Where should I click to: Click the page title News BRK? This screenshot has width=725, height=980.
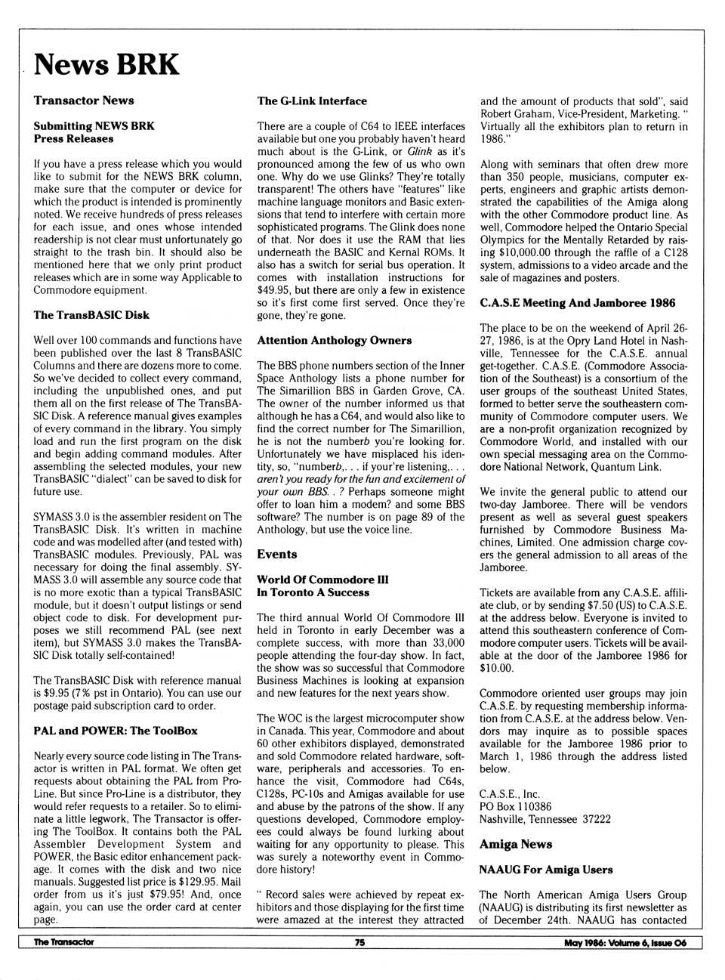tap(106, 64)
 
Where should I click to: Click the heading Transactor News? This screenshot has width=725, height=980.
tap(84, 100)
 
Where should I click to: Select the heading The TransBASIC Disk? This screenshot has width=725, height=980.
tap(91, 315)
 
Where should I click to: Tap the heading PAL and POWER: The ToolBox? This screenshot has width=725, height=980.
tap(116, 731)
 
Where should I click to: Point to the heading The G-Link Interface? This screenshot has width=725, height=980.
tap(312, 101)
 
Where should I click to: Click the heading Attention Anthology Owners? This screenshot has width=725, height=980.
tap(335, 341)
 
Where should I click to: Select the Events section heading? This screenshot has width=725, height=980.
tap(277, 555)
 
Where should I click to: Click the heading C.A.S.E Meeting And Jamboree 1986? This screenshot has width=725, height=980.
tap(578, 303)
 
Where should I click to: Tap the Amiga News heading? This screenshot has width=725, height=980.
tap(516, 845)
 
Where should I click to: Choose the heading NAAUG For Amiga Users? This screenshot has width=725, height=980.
tap(546, 870)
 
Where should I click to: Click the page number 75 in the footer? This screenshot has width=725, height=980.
tap(360, 942)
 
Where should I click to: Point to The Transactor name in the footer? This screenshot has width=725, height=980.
tap(64, 942)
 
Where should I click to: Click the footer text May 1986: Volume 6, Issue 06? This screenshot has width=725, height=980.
tap(625, 942)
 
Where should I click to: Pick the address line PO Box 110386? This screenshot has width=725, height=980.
tap(516, 806)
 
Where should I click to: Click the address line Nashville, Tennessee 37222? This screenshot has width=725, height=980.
tap(545, 819)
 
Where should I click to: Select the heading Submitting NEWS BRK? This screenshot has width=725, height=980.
tap(94, 126)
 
